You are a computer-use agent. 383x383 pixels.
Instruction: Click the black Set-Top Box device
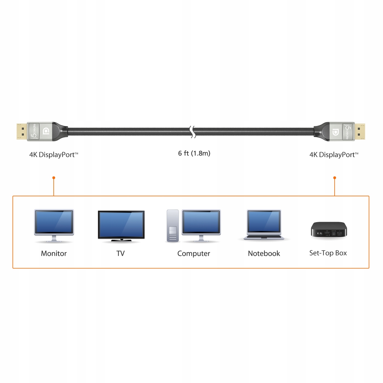[x=329, y=229]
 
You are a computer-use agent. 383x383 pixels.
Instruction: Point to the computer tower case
[x=173, y=226]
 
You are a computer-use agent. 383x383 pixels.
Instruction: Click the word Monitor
[x=54, y=254]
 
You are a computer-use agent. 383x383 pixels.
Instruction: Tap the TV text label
[x=120, y=254]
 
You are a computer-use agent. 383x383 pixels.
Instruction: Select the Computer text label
[x=194, y=254]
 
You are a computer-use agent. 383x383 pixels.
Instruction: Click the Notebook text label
[x=264, y=254]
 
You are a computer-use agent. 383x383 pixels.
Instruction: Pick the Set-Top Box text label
[x=328, y=253]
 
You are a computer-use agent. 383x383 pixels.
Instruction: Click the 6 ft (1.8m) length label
[x=194, y=153]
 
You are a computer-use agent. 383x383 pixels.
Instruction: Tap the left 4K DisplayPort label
[x=54, y=155]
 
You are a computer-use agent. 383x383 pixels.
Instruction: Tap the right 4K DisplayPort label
[x=334, y=155]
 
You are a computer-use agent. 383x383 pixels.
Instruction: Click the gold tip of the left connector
[x=21, y=132]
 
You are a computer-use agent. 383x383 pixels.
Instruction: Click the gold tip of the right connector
[x=360, y=132]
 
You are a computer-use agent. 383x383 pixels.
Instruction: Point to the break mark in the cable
[x=193, y=132]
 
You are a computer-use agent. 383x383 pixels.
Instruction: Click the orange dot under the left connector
[x=54, y=178]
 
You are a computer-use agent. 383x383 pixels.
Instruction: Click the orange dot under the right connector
[x=335, y=178]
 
